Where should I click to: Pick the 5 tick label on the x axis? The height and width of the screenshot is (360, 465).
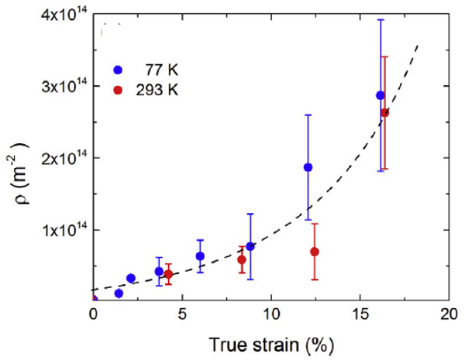point(181,315)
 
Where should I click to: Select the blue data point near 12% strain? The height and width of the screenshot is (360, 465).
point(308,167)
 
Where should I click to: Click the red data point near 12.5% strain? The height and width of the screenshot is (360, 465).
point(315,252)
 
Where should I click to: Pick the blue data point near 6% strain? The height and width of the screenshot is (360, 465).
point(200,256)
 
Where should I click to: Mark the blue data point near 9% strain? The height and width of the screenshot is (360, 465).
point(250,246)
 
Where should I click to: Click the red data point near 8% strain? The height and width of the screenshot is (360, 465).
point(242,259)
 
